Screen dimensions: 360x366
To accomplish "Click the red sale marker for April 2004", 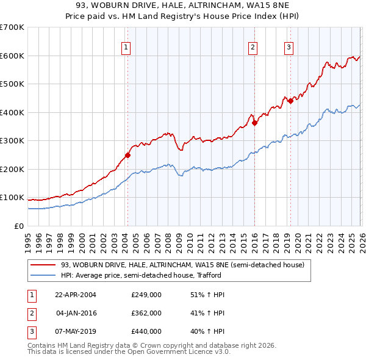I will pyautogui.click(x=127, y=155).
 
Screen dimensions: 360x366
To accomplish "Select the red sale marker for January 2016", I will pyautogui.click(x=254, y=123).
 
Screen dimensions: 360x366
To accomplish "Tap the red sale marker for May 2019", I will pyautogui.click(x=290, y=101).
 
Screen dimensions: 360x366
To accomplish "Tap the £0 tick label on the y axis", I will pyautogui.click(x=20, y=226).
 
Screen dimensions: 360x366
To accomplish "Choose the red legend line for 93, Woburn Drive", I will pyautogui.click(x=43, y=265).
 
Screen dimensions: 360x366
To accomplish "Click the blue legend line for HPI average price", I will pyautogui.click(x=43, y=275).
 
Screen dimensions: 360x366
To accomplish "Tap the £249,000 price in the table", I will pyautogui.click(x=146, y=295).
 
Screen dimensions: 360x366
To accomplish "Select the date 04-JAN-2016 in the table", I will pyautogui.click(x=77, y=313).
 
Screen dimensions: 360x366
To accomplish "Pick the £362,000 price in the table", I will pyautogui.click(x=146, y=313).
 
